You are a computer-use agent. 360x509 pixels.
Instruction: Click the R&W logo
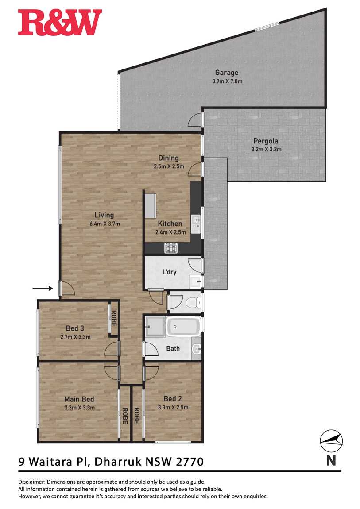(60, 22)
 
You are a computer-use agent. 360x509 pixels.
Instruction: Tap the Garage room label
(227, 73)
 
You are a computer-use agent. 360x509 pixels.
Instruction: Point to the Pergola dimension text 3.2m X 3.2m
(266, 150)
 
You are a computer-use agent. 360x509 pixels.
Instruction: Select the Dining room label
(168, 158)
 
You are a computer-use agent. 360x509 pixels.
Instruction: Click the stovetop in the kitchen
(171, 248)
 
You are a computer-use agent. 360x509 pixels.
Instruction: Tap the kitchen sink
(196, 224)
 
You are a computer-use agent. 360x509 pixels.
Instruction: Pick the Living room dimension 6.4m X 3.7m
(105, 224)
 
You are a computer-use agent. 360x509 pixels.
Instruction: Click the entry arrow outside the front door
(43, 288)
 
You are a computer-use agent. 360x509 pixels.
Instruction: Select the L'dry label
(170, 272)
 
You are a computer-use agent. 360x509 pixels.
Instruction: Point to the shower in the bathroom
(155, 327)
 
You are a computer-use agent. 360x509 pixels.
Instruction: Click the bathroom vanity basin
(197, 349)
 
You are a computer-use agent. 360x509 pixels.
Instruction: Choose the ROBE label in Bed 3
(114, 318)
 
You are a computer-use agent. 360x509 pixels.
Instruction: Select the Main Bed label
(79, 399)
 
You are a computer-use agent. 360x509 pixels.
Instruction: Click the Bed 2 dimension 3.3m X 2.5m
(173, 407)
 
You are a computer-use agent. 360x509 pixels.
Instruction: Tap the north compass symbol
(331, 441)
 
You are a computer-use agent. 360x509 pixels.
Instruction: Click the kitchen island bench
(150, 206)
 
